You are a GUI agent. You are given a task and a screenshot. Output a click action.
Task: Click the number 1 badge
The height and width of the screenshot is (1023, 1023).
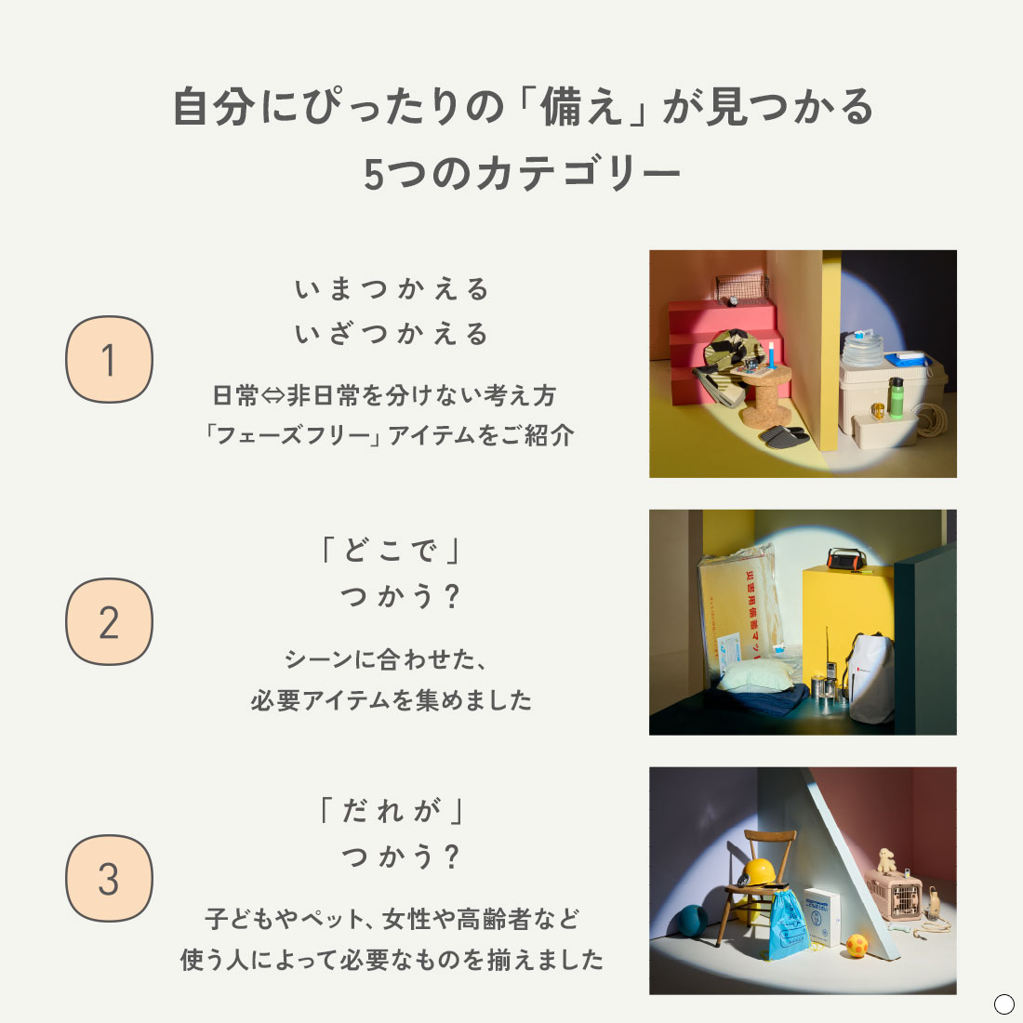[109, 359]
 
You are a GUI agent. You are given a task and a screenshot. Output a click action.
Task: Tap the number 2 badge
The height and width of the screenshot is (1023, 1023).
[109, 621]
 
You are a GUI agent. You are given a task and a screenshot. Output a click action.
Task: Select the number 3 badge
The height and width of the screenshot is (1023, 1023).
[109, 878]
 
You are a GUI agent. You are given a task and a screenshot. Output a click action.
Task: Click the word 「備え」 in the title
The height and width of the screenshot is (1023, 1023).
[583, 108]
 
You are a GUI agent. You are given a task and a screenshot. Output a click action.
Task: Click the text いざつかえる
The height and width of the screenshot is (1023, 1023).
[392, 334]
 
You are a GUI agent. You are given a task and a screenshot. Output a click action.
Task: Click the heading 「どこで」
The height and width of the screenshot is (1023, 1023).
[392, 551]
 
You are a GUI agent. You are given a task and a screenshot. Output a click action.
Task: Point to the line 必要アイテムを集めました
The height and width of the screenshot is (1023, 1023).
[392, 699]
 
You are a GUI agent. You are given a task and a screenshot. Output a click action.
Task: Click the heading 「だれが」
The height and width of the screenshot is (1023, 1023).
[392, 811]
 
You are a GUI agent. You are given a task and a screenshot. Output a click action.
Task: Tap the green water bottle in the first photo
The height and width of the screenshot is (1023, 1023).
[895, 397]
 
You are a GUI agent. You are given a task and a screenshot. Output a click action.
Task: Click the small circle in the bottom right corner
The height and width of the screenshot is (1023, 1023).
[1003, 1003]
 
